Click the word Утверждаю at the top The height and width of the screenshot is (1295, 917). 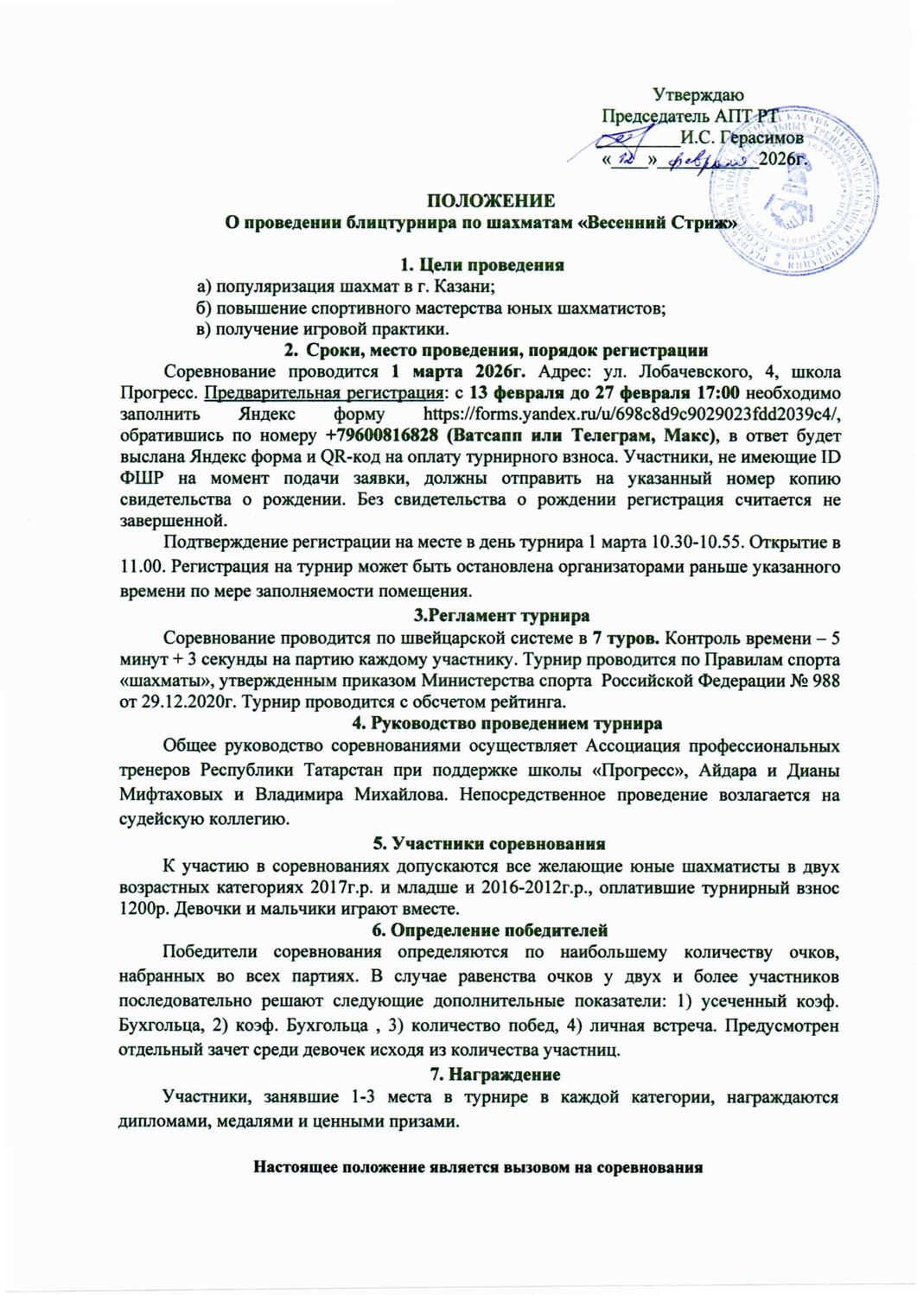[698, 95]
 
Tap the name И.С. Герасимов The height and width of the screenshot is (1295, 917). [742, 137]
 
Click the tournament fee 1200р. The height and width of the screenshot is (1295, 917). [139, 908]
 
